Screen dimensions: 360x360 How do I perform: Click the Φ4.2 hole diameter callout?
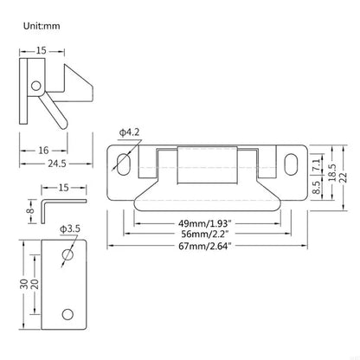coord(128,132)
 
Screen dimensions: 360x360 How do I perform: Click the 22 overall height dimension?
coord(344,177)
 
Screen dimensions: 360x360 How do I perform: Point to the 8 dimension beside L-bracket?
coord(29,208)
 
